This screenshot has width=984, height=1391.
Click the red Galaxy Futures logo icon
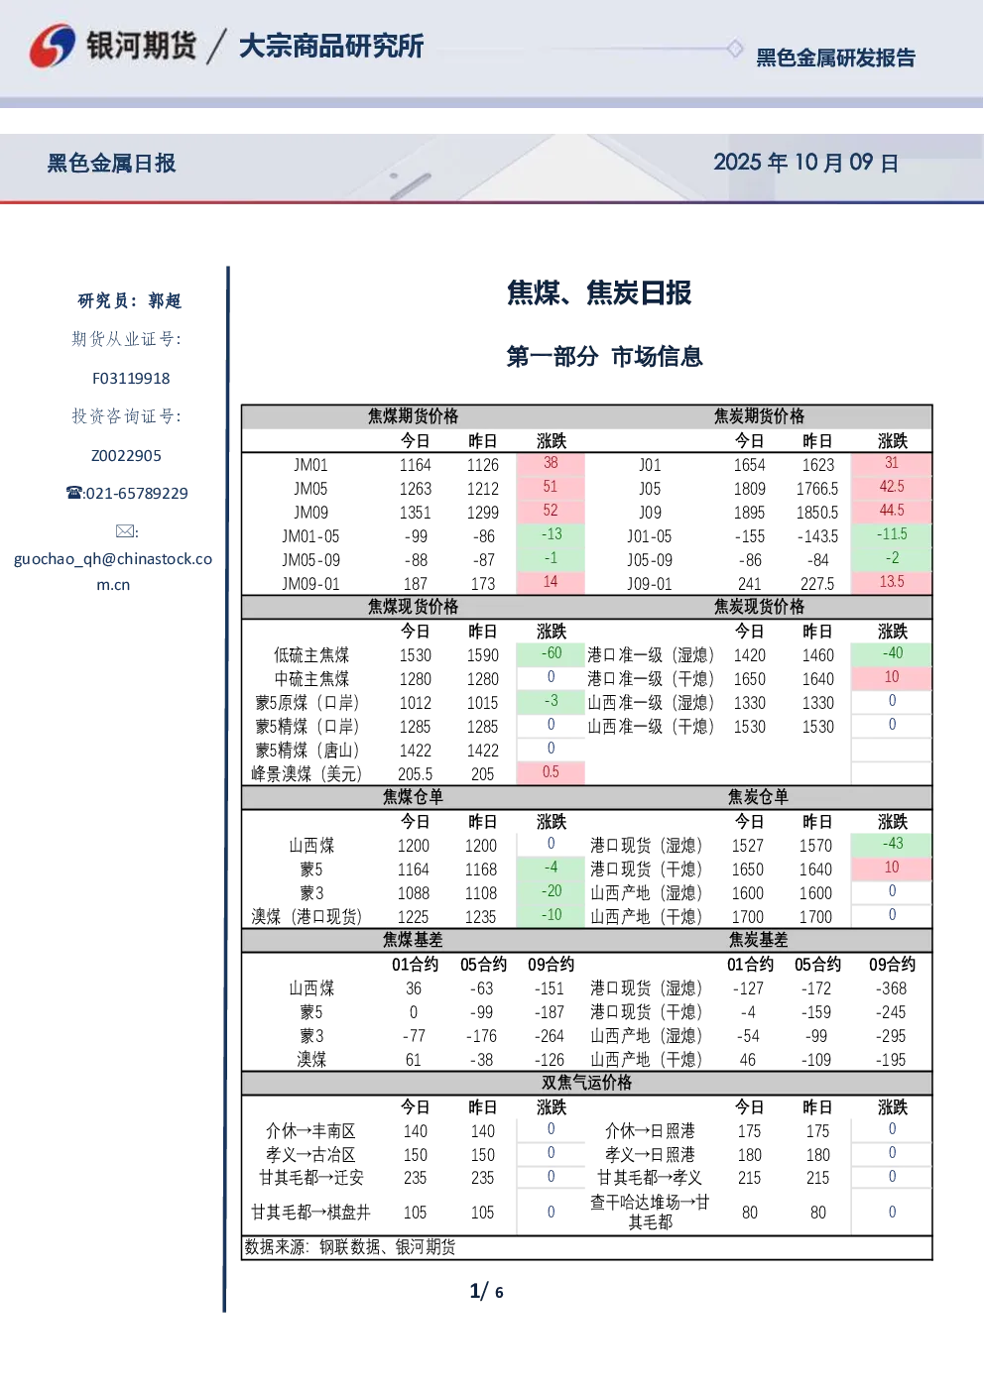tap(53, 45)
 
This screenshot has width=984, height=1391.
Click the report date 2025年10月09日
tap(805, 163)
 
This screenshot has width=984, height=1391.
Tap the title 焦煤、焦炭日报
tap(599, 292)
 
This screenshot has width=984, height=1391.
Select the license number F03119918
tap(131, 378)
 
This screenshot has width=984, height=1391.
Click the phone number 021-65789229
tap(136, 493)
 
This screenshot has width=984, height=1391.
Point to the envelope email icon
tap(125, 531)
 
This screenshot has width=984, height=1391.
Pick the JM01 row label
tap(310, 465)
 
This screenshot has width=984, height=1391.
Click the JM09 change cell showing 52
tap(551, 511)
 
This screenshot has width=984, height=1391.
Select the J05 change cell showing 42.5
tap(892, 486)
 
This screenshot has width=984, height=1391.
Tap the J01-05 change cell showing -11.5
tap(892, 534)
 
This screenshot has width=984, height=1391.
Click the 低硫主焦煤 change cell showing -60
tap(551, 653)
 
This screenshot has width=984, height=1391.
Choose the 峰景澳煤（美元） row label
tap(307, 773)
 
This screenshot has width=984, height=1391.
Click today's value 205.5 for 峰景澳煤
tap(415, 773)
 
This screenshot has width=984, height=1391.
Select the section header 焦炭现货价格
tap(759, 607)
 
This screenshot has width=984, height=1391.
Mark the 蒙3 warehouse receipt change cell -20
tap(551, 891)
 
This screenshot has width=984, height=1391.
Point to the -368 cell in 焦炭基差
tap(891, 988)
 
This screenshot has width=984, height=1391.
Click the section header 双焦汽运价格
tap(586, 1083)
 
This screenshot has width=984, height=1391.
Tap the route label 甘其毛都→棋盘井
tap(310, 1212)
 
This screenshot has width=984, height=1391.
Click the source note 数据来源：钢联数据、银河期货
tap(350, 1246)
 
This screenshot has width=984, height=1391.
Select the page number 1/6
tap(486, 1292)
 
